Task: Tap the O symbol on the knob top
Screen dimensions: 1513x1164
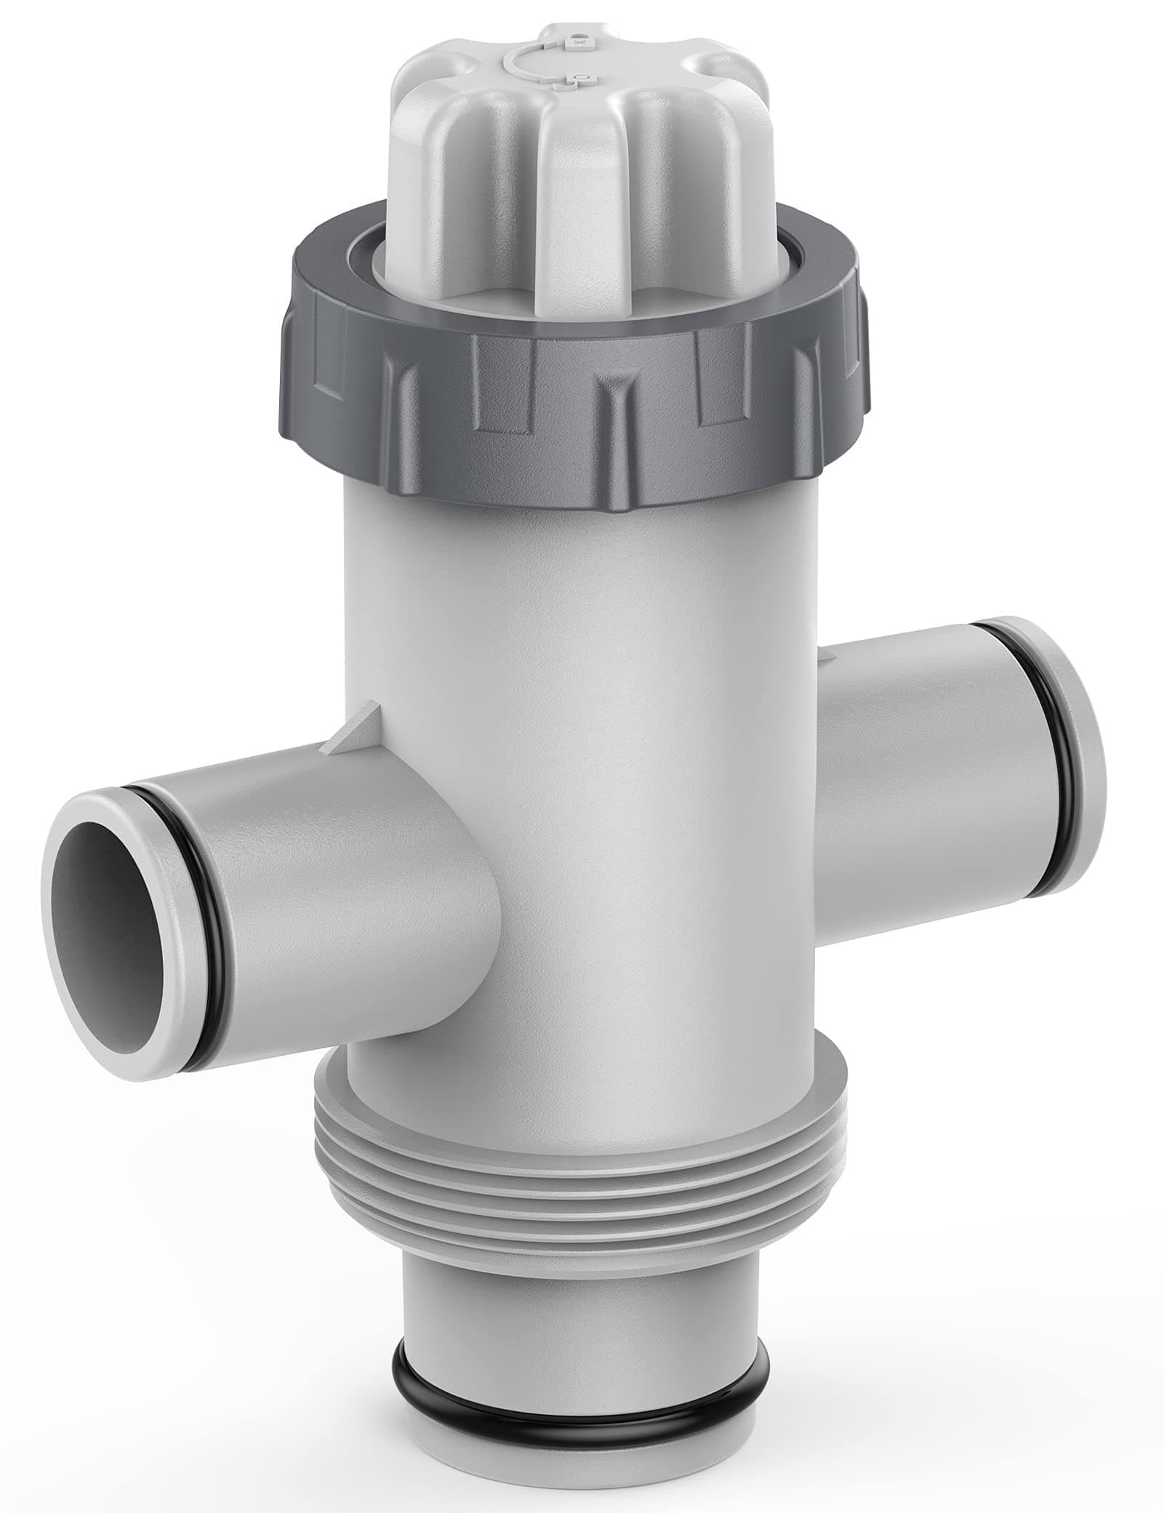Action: (x=578, y=74)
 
